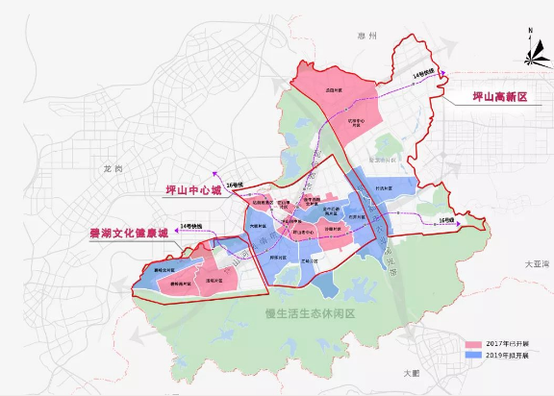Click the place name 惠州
[x=388, y=36]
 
